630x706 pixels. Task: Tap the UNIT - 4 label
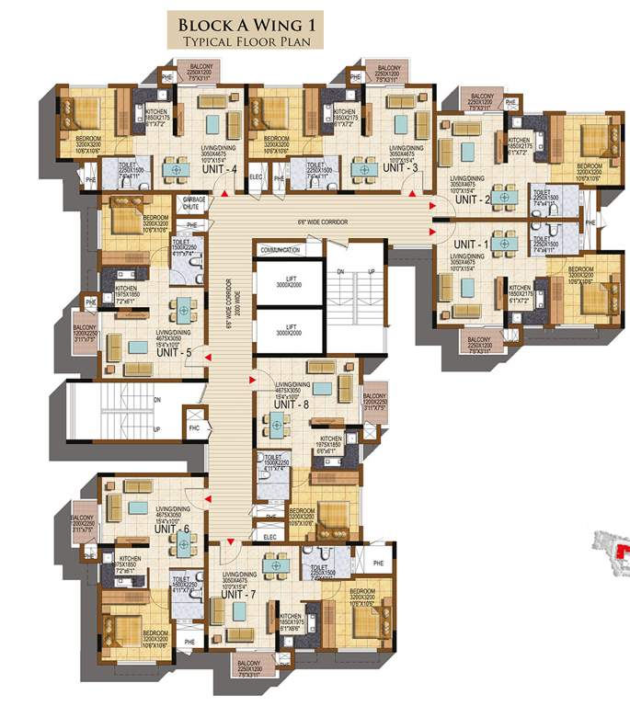coord(222,168)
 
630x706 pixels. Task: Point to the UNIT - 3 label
coord(400,168)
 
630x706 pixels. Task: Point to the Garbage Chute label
coord(193,203)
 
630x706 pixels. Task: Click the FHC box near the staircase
coord(194,427)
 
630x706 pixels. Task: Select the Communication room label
coord(280,249)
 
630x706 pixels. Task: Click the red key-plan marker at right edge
coord(625,551)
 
